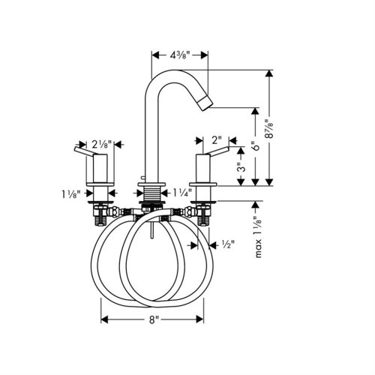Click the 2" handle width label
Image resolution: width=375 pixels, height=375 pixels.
(217, 140)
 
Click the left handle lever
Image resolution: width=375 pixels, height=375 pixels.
(85, 153)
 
